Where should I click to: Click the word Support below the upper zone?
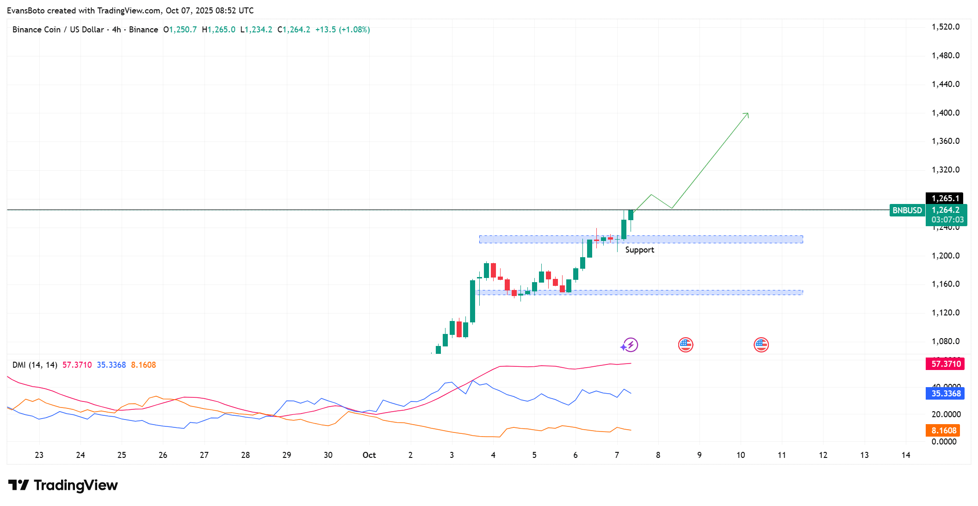(639, 250)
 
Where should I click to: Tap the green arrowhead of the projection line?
(747, 114)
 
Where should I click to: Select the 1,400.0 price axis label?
(945, 113)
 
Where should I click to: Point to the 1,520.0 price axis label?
(945, 27)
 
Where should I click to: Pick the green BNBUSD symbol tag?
(907, 210)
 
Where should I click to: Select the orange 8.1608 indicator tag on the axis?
(943, 431)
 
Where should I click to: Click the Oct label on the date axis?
(369, 455)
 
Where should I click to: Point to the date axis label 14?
(905, 455)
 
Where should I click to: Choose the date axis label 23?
(39, 455)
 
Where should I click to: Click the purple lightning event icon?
(630, 345)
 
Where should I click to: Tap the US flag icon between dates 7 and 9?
(685, 345)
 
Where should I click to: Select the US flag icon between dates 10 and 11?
(761, 345)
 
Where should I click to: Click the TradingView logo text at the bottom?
(75, 485)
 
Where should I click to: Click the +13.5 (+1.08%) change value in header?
(342, 30)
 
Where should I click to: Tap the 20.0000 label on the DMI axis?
(946, 414)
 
